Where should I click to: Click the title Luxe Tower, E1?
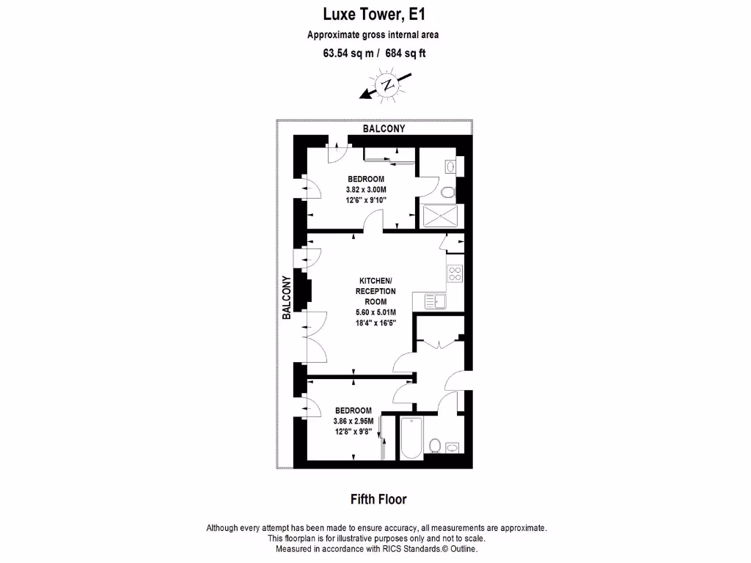(375, 14)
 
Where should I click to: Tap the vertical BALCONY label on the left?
(287, 297)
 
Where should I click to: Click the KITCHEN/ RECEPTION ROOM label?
(375, 291)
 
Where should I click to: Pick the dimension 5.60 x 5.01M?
(375, 312)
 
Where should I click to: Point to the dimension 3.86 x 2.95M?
(353, 422)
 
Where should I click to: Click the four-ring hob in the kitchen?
(455, 273)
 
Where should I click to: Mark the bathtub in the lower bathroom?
(410, 438)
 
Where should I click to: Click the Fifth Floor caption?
(378, 500)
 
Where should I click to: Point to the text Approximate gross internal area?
(373, 34)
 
